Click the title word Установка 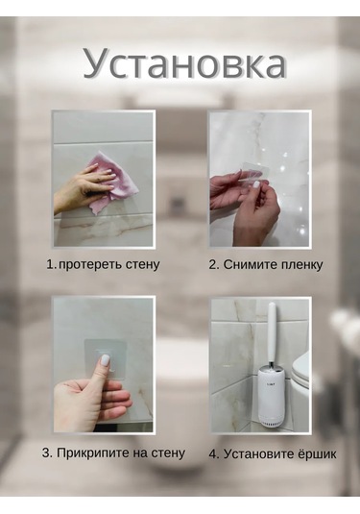[x=184, y=64]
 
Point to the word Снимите [x=246, y=265]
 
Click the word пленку [x=297, y=265]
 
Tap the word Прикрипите [x=93, y=453]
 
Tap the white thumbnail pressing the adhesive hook [x=105, y=359]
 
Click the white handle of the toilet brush [x=272, y=331]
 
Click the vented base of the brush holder [x=272, y=422]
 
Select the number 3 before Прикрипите [x=46, y=453]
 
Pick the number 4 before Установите [x=213, y=454]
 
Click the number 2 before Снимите [x=213, y=265]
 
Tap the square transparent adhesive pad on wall [x=105, y=359]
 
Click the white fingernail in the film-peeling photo [x=255, y=184]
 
